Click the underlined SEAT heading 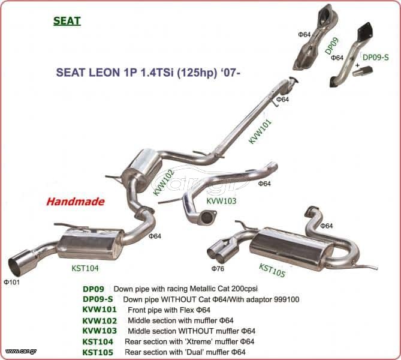pyautogui.click(x=67, y=21)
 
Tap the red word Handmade pyautogui.click(x=76, y=202)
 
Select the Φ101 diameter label pyautogui.click(x=11, y=282)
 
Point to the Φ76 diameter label pyautogui.click(x=218, y=268)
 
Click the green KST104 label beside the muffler pyautogui.click(x=85, y=268)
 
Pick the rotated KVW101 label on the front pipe pyautogui.click(x=260, y=131)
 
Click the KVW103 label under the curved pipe pyautogui.click(x=221, y=201)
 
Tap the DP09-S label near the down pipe pyautogui.click(x=376, y=58)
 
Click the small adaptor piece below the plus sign pyautogui.click(x=363, y=71)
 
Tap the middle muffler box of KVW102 pyautogui.click(x=141, y=166)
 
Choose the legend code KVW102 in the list pyautogui.click(x=100, y=320)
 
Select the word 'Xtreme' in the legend pyautogui.click(x=201, y=341)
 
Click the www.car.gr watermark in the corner pyautogui.click(x=21, y=351)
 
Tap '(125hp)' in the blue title pyautogui.click(x=197, y=73)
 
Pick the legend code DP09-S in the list pyautogui.click(x=98, y=299)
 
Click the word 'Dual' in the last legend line pyautogui.click(x=194, y=352)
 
